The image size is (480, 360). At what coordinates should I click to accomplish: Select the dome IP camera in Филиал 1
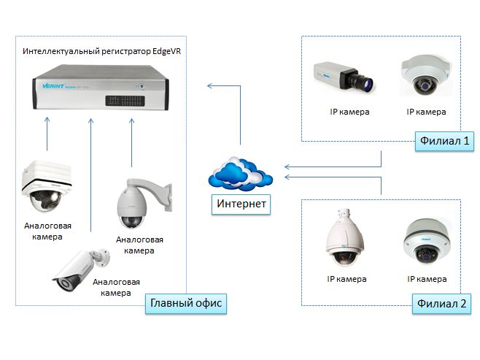pos(425,77)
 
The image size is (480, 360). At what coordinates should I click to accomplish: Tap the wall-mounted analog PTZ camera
pos(141,202)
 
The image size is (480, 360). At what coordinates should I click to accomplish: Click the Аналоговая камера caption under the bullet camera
pos(117,287)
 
